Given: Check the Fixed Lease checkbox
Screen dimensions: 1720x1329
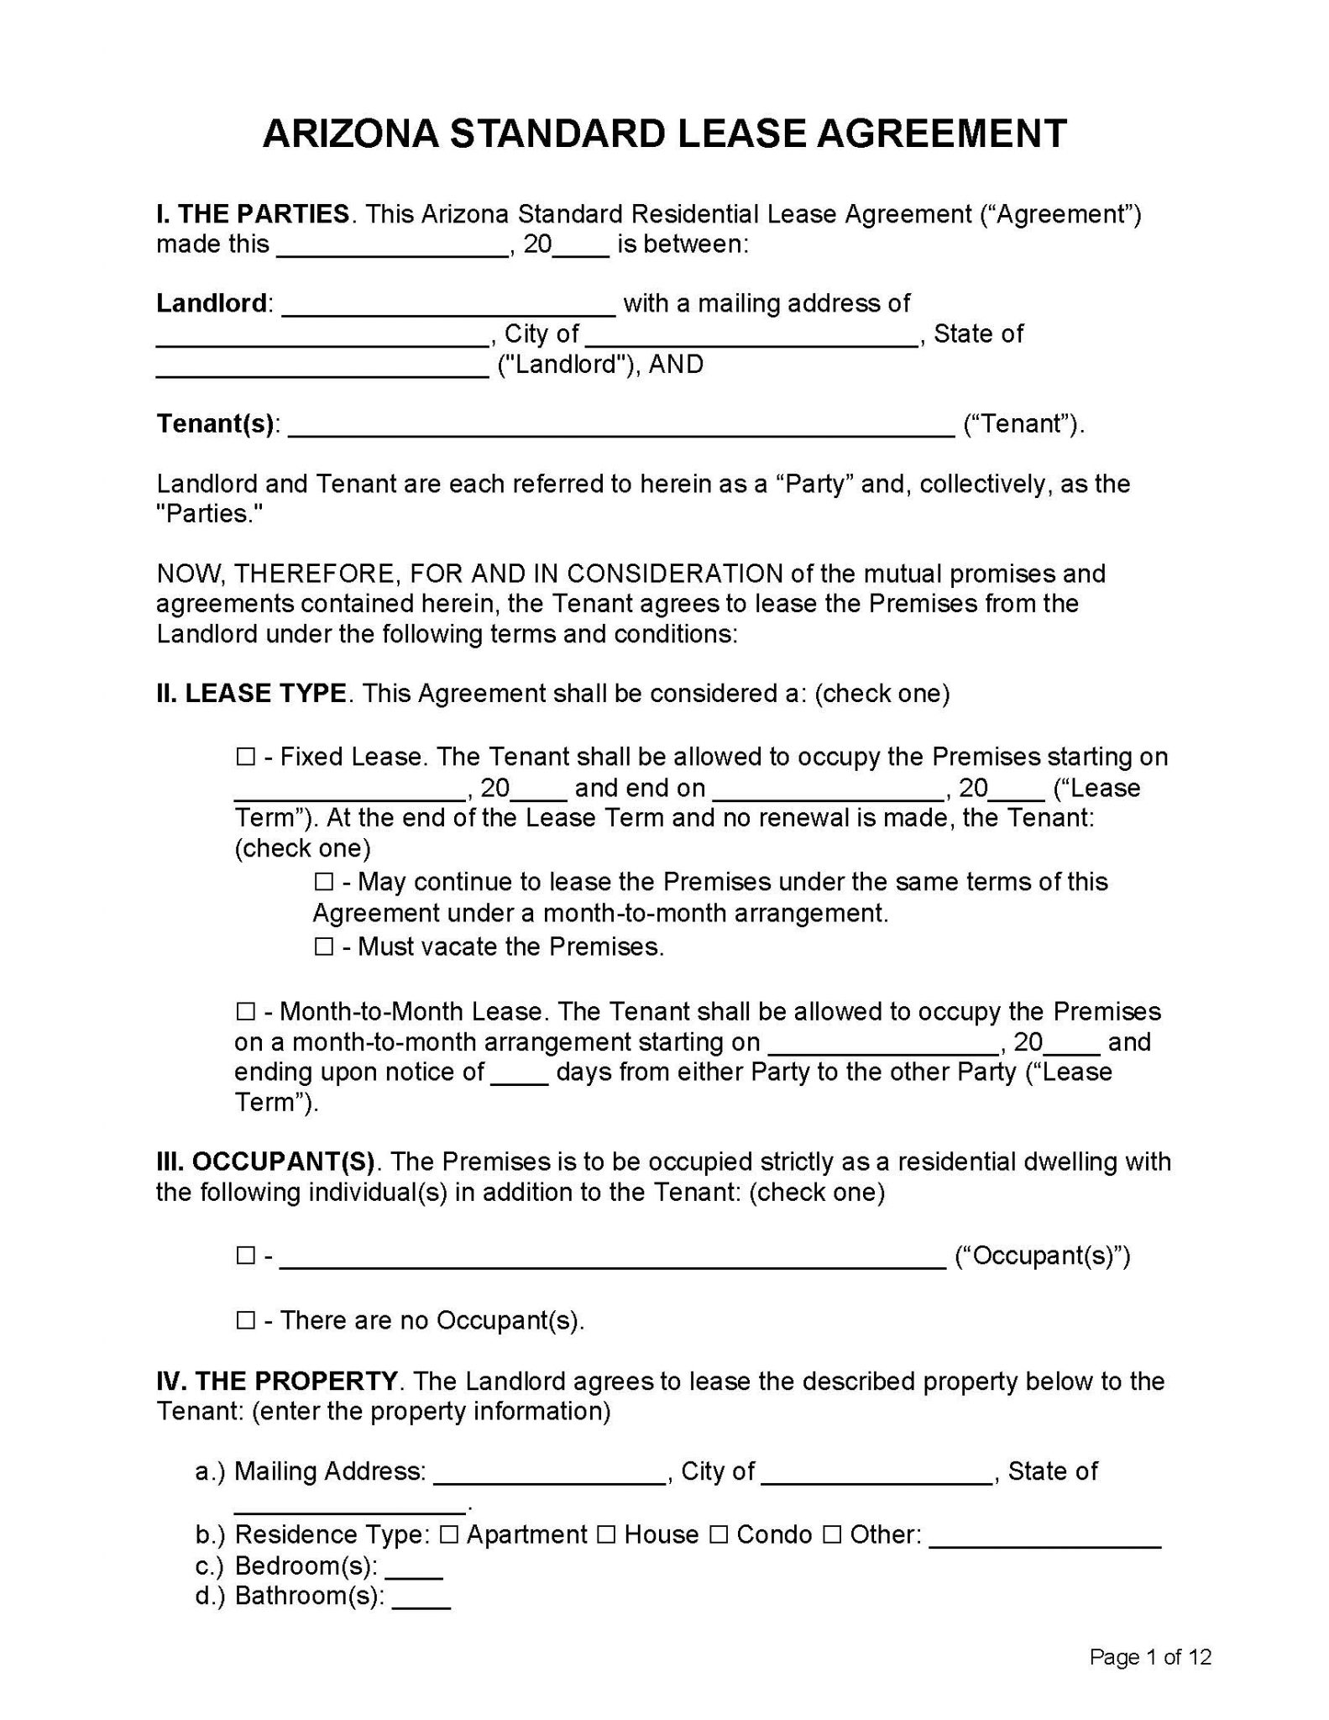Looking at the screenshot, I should click(x=245, y=758).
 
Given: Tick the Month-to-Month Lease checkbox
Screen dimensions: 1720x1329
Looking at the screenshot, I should click(x=245, y=1011).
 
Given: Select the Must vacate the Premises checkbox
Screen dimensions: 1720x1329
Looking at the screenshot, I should click(x=323, y=947).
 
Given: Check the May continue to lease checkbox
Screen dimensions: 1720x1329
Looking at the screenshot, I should click(x=323, y=883).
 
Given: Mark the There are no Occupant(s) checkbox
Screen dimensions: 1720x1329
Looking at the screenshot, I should click(x=245, y=1321).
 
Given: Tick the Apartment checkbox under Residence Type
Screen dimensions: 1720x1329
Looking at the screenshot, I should click(x=449, y=1535).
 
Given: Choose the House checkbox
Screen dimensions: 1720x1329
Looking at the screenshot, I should click(x=606, y=1535).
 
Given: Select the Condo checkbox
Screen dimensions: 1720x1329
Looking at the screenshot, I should click(x=719, y=1535).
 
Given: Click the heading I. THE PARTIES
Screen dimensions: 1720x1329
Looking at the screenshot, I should click(x=253, y=214).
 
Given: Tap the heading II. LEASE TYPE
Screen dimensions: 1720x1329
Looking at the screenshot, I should click(x=251, y=694).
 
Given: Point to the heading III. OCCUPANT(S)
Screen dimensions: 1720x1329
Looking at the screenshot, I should click(x=265, y=1162).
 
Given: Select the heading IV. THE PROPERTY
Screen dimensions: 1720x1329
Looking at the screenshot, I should click(x=277, y=1382).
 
